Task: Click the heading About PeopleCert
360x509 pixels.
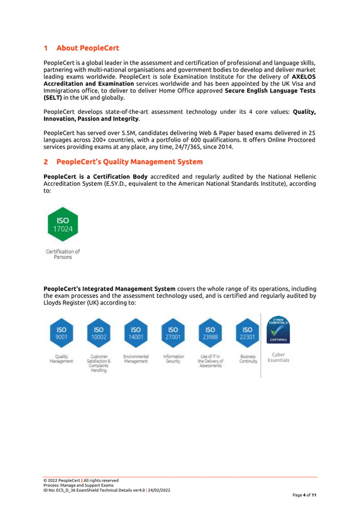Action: (x=87, y=48)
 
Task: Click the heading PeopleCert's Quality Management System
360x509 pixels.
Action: (x=129, y=162)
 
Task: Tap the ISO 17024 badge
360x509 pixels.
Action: (x=62, y=225)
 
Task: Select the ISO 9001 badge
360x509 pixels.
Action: (x=62, y=333)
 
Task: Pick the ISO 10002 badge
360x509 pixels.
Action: (x=99, y=333)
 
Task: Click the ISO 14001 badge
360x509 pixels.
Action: (x=136, y=333)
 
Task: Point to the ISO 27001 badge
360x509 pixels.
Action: (x=173, y=333)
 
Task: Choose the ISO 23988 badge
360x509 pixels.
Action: (x=210, y=333)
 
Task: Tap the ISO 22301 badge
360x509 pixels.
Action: (x=247, y=333)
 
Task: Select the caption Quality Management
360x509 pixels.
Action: (x=62, y=359)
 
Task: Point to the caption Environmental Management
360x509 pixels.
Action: (x=136, y=359)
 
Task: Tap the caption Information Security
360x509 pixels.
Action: (x=173, y=359)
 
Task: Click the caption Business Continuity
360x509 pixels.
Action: (x=247, y=359)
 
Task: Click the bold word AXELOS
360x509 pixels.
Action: (x=303, y=76)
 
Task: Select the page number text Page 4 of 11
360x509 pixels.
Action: (x=304, y=495)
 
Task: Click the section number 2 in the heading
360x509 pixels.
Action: (x=46, y=162)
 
